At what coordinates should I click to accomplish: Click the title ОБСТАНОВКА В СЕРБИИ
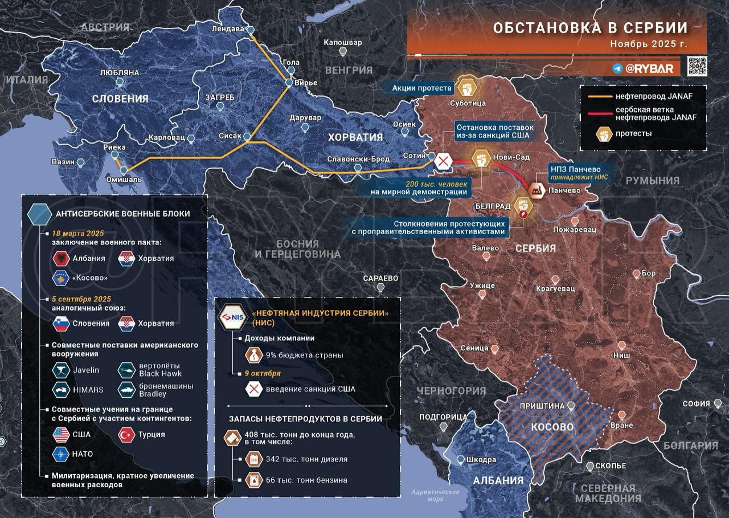pos(590,27)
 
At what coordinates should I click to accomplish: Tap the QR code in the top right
pos(697,66)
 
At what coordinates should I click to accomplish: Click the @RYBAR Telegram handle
pos(649,68)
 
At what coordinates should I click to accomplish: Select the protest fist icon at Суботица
pos(468,88)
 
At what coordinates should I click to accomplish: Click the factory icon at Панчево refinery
pos(536,191)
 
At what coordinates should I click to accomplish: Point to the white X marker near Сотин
pos(443,161)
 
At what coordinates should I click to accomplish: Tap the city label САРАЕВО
pos(380,278)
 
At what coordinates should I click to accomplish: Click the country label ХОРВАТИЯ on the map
pos(355,137)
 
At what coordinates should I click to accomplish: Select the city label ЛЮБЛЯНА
pos(120,73)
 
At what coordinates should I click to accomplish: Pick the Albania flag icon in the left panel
pos(60,258)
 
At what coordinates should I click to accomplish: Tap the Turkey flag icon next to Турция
pos(126,434)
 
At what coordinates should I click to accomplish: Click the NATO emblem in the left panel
pos(60,454)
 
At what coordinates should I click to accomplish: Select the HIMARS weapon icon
pos(60,389)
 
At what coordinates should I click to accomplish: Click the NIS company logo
pos(233,318)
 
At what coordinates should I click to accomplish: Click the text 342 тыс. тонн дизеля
pos(306,459)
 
